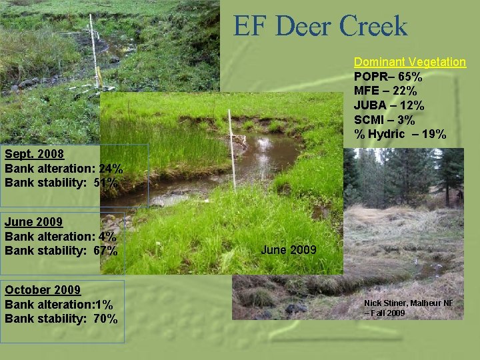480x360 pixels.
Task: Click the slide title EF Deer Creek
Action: tap(320, 27)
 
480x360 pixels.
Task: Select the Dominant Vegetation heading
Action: tap(409, 62)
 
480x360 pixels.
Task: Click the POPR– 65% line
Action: tap(387, 77)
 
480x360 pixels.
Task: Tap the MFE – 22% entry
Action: tap(385, 91)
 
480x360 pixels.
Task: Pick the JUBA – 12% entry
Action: tap(389, 106)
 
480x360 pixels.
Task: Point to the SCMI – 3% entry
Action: tap(384, 121)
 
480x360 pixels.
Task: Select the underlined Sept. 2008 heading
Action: tap(34, 154)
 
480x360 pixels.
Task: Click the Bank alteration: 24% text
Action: tap(63, 169)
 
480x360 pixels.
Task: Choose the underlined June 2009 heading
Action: tap(33, 222)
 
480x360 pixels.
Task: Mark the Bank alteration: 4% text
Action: tap(60, 237)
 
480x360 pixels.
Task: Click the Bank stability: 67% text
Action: tap(61, 251)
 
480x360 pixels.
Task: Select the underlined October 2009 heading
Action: tap(43, 290)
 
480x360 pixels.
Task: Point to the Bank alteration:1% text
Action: tap(59, 305)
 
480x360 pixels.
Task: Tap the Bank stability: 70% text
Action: tap(61, 319)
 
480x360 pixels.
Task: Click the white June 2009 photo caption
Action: tap(289, 250)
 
